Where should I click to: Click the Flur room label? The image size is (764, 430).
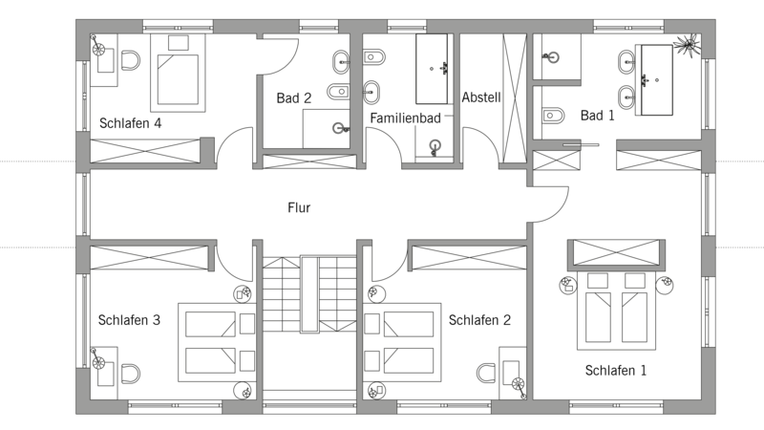299,207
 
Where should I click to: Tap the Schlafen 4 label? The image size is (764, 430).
130,123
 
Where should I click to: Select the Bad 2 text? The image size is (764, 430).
293,98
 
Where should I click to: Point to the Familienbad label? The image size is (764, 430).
405,118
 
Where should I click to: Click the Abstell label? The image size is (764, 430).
481,97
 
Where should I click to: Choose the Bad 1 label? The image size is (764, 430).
598,116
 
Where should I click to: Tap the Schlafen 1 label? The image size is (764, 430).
615,371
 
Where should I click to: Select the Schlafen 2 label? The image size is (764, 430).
479,320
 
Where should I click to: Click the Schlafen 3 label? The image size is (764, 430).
129,320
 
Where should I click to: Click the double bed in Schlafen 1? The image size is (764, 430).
616,311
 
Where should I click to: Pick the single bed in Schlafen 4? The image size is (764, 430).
178,74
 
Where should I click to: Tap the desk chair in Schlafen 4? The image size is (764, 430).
131,61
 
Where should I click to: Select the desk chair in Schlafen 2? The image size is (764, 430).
486,374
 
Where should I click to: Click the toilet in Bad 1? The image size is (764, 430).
553,116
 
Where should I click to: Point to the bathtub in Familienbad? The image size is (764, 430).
432,69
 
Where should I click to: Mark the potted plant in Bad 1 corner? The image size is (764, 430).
688,44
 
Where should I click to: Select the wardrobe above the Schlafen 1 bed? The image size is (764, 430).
616,252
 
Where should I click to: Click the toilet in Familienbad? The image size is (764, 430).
374,57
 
